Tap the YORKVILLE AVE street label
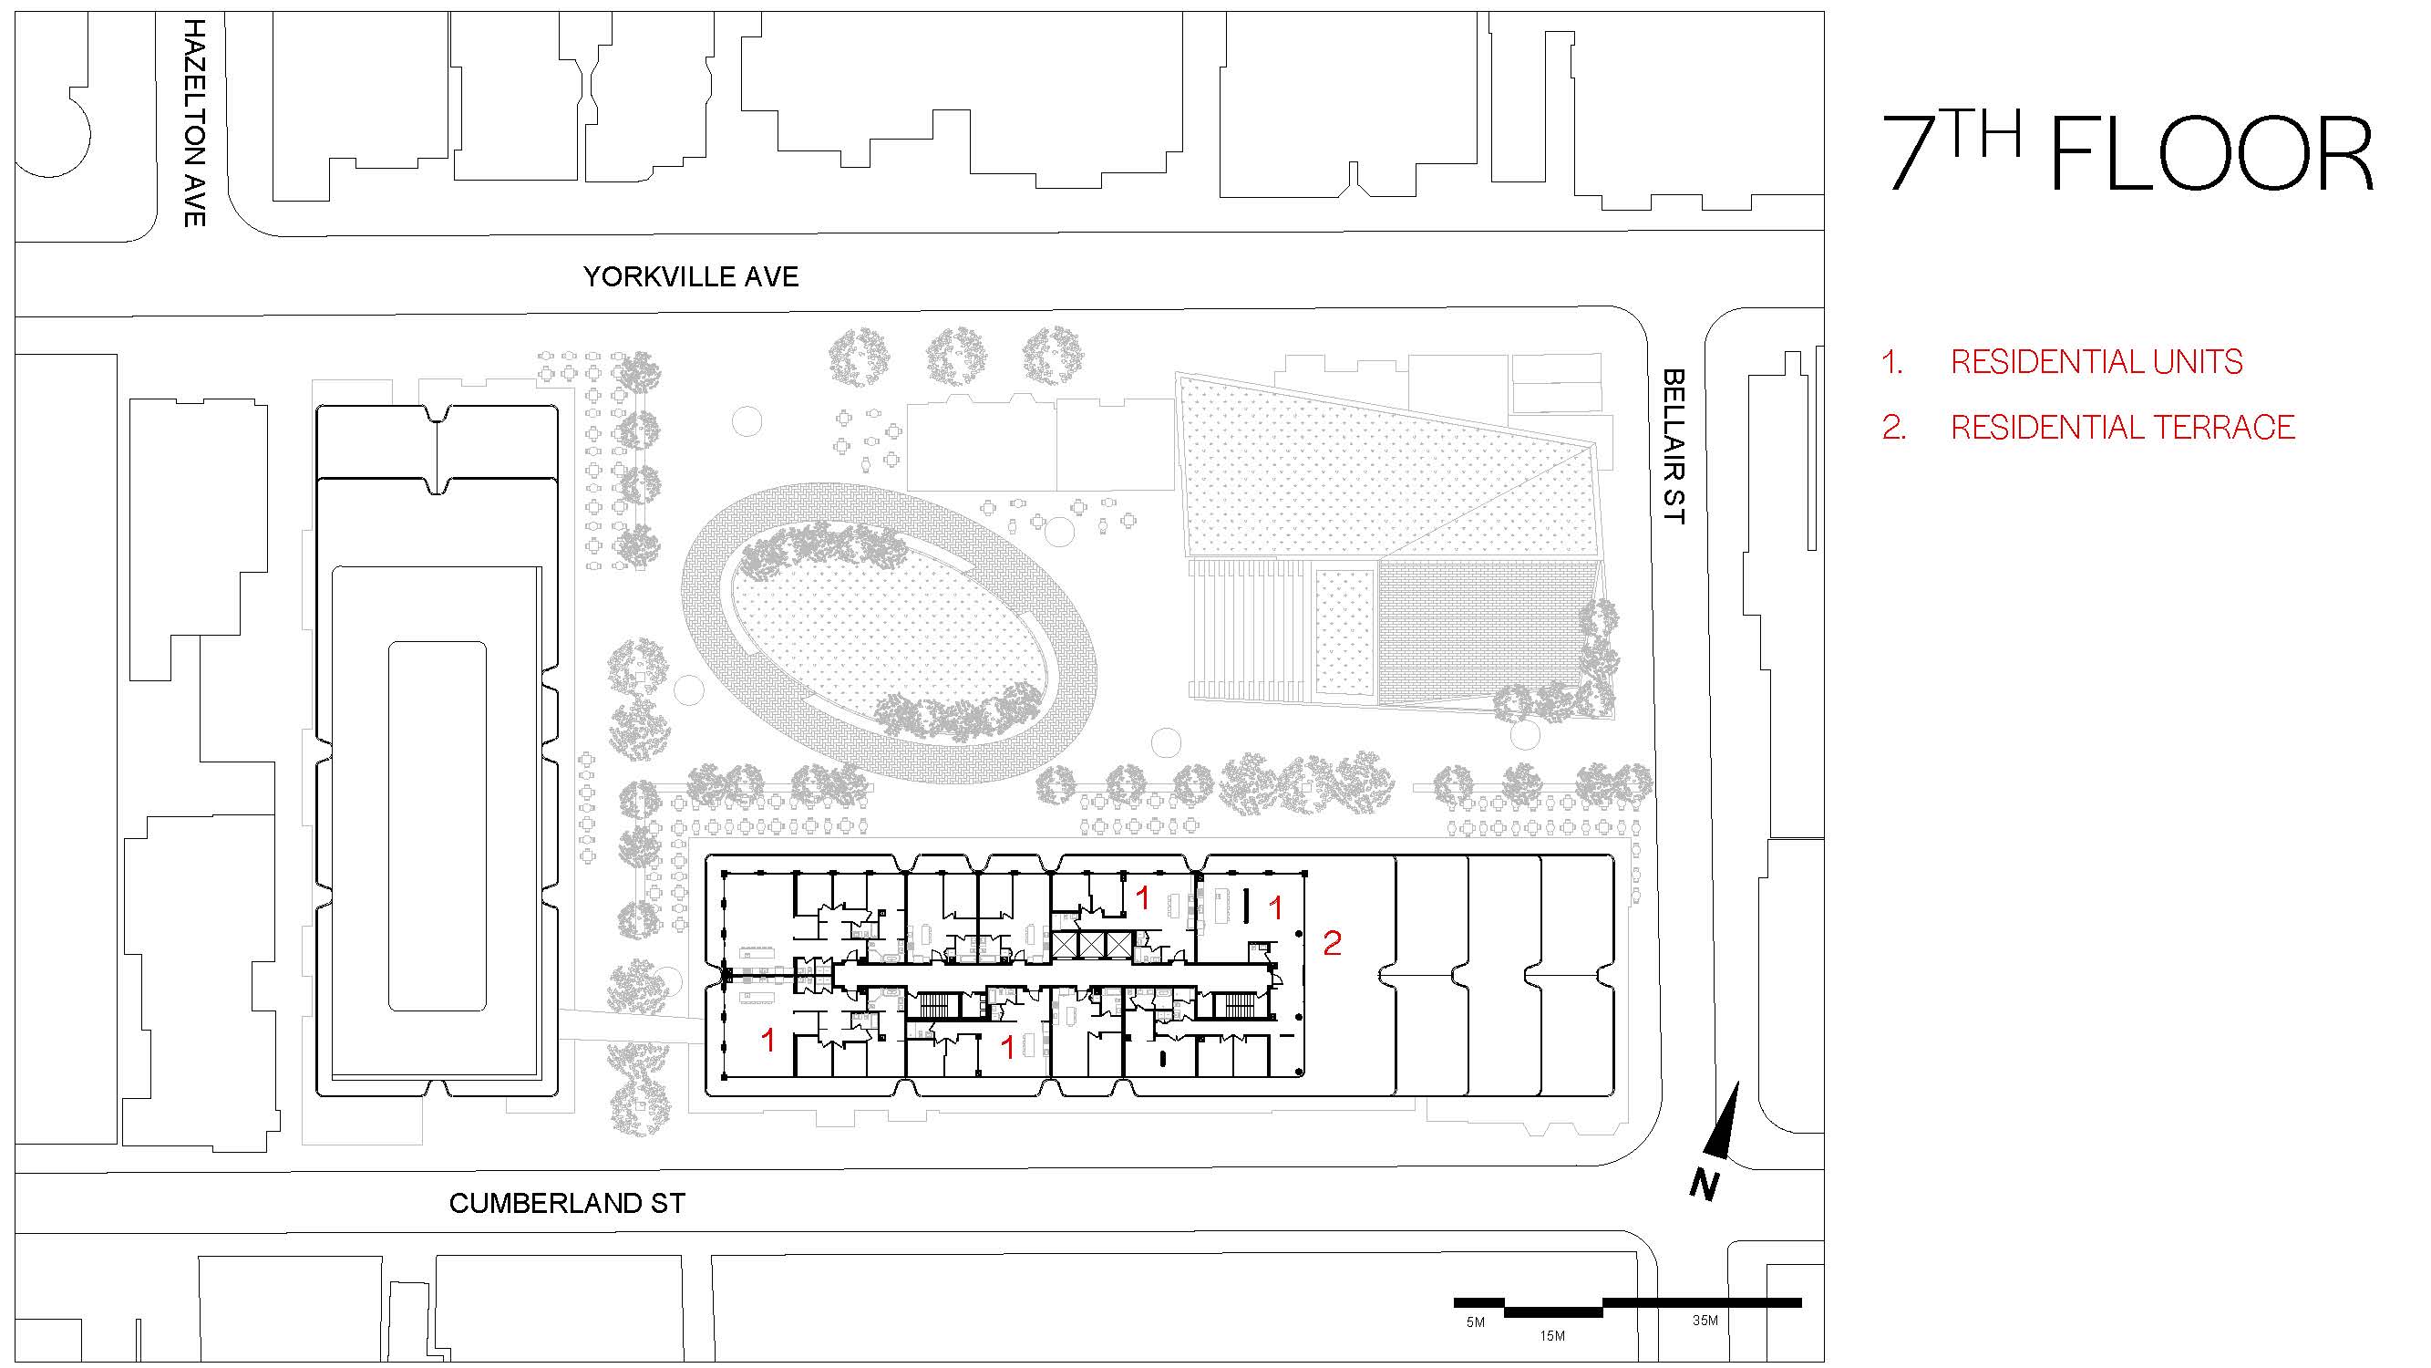pyautogui.click(x=690, y=276)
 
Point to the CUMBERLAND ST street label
pyautogui.click(x=566, y=1204)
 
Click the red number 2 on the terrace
pyautogui.click(x=1332, y=942)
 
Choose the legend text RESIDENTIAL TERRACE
pyautogui.click(x=2121, y=428)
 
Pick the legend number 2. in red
pyautogui.click(x=1893, y=428)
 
